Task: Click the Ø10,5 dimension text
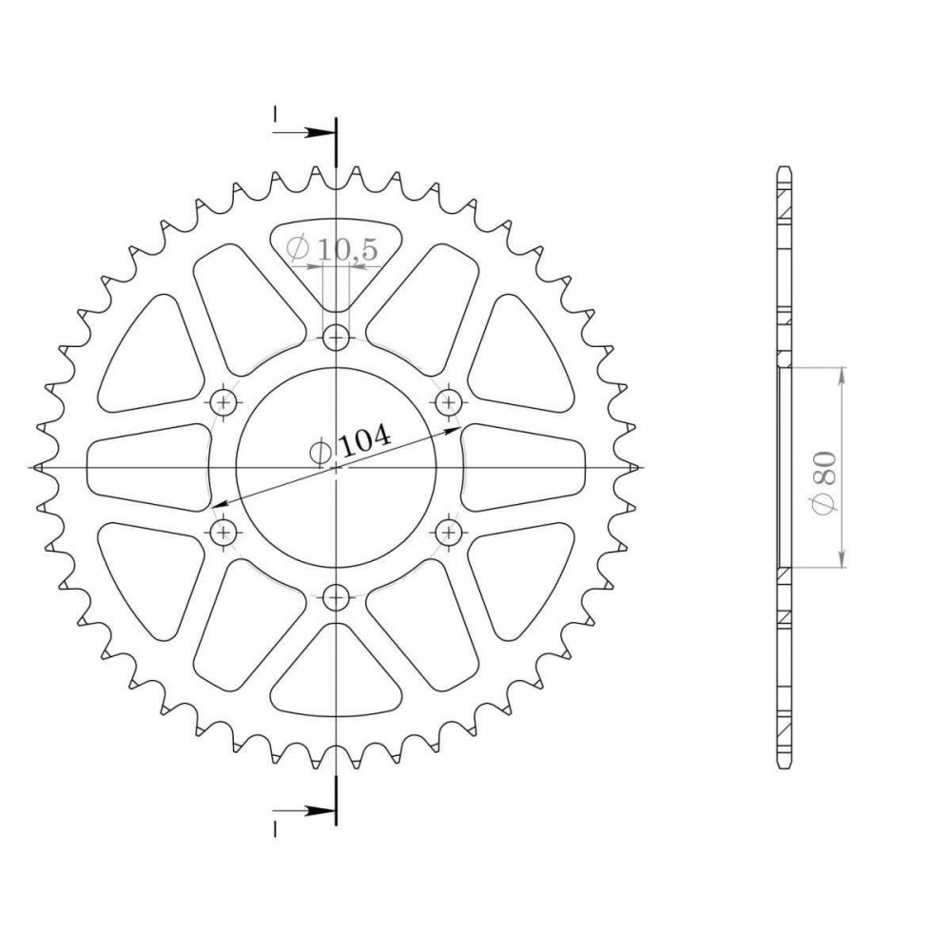(x=332, y=248)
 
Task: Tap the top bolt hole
(x=336, y=337)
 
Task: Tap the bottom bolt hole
(x=336, y=598)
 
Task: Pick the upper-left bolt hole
(x=223, y=401)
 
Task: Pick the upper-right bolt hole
(x=450, y=401)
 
